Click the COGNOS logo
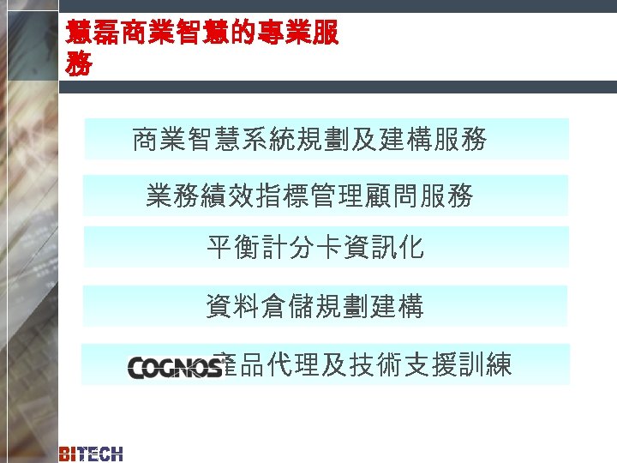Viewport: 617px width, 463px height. tap(176, 367)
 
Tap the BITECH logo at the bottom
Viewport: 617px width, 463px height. tap(91, 454)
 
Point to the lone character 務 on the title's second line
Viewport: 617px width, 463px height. tap(80, 63)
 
